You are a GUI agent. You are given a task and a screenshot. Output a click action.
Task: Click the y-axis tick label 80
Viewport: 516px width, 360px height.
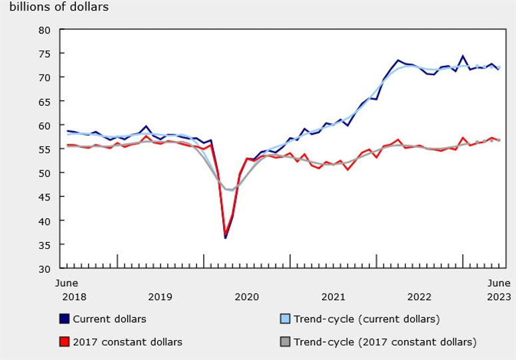pyautogui.click(x=45, y=30)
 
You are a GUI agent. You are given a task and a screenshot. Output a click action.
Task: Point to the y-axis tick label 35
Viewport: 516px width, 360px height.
pyautogui.click(x=45, y=245)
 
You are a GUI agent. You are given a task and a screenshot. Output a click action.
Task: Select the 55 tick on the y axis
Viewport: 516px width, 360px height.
pyautogui.click(x=45, y=150)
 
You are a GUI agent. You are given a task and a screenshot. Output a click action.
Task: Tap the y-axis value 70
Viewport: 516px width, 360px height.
pyautogui.click(x=45, y=78)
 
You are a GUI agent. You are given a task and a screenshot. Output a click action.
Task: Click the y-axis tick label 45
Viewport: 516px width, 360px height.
pyautogui.click(x=45, y=197)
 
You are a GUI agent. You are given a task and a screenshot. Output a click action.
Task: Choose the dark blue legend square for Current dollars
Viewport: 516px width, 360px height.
pyautogui.click(x=64, y=319)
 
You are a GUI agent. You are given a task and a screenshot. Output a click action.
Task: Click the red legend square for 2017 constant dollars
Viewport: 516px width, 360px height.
pyautogui.click(x=64, y=342)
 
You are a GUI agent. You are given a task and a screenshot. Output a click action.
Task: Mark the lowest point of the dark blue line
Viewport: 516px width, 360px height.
pyautogui.click(x=226, y=238)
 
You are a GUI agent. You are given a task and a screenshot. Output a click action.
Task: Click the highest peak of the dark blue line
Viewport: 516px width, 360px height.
pyautogui.click(x=463, y=57)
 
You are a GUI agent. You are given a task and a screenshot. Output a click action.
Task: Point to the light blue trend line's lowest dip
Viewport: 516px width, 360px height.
pyautogui.click(x=230, y=190)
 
